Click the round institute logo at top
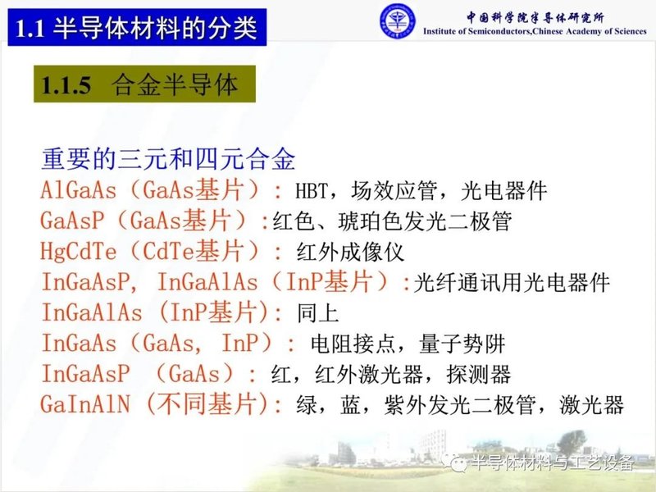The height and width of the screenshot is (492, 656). click(x=397, y=20)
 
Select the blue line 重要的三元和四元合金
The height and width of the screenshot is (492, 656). click(x=168, y=159)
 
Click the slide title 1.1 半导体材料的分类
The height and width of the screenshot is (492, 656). click(x=138, y=29)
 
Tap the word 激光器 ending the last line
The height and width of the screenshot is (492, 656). click(x=594, y=405)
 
